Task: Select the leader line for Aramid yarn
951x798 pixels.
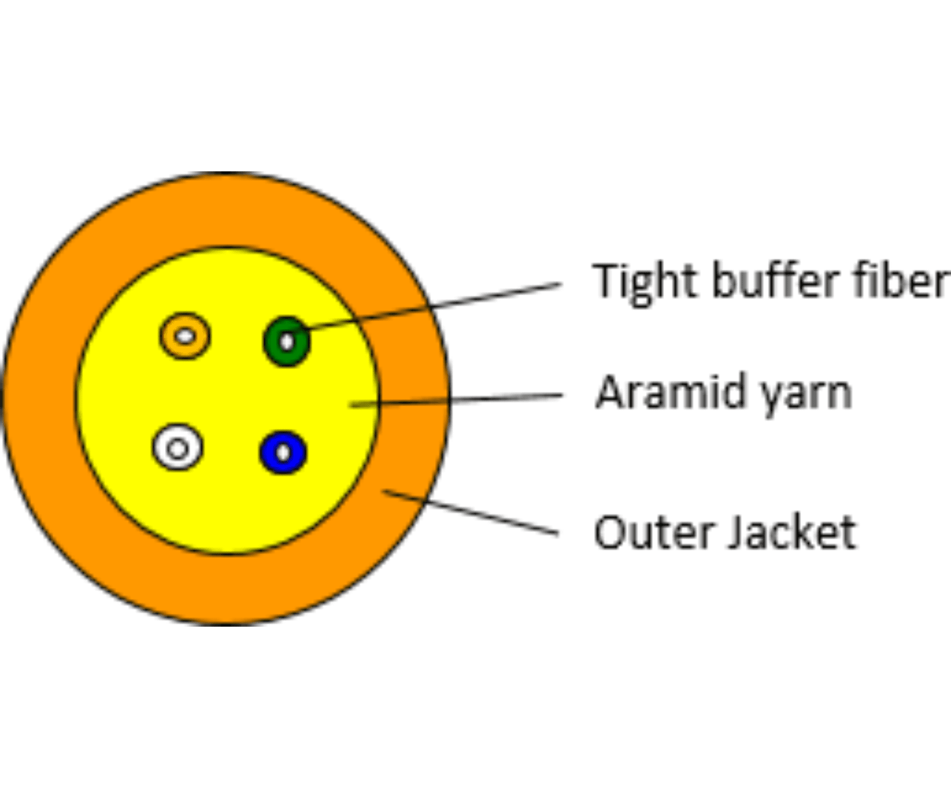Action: [x=456, y=400]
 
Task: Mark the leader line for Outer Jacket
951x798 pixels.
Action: [x=471, y=512]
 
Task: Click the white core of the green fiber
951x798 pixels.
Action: [x=286, y=341]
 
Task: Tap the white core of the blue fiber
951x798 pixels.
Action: [x=283, y=452]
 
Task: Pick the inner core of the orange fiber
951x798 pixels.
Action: [x=185, y=336]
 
